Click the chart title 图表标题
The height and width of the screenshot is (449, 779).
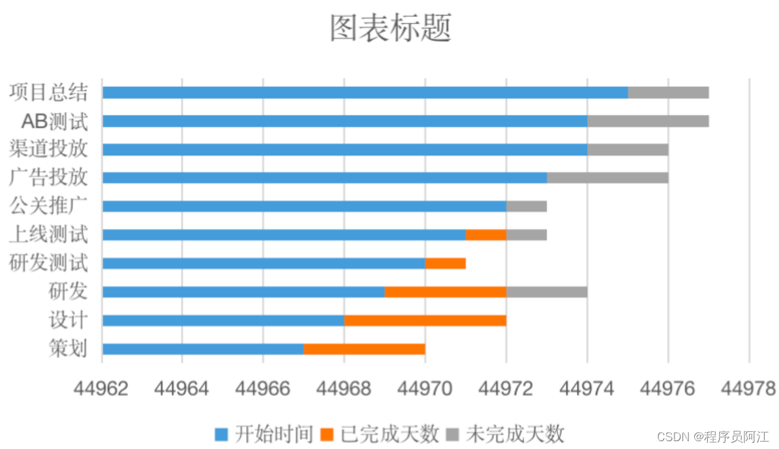pyautogui.click(x=390, y=28)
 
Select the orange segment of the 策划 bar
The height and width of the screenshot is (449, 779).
pyautogui.click(x=364, y=349)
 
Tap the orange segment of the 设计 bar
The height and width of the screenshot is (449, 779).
pyautogui.click(x=425, y=320)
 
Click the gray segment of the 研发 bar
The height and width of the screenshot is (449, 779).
pyautogui.click(x=546, y=292)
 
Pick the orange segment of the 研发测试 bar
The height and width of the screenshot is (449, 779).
pyautogui.click(x=445, y=264)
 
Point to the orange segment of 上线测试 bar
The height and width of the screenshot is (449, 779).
pyautogui.click(x=485, y=235)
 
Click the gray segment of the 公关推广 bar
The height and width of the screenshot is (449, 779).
pyautogui.click(x=526, y=206)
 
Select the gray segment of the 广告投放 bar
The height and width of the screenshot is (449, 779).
pyautogui.click(x=607, y=178)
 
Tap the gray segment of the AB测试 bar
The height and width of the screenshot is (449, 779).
pyautogui.click(x=647, y=121)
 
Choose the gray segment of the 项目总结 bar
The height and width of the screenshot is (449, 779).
pyautogui.click(x=668, y=93)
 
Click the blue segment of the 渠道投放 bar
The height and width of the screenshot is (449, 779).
pyautogui.click(x=344, y=149)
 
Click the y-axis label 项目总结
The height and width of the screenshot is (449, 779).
pyautogui.click(x=48, y=92)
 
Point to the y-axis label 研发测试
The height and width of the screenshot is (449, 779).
pyautogui.click(x=48, y=263)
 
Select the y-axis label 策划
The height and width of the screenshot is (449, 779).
pyautogui.click(x=68, y=348)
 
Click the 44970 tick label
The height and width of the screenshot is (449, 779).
pyautogui.click(x=424, y=389)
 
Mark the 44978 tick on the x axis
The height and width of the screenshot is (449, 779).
pyautogui.click(x=748, y=389)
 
